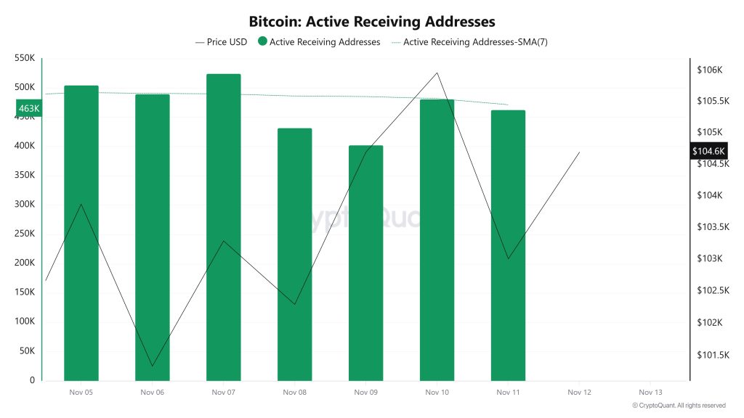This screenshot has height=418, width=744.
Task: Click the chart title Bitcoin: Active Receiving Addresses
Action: tap(371, 22)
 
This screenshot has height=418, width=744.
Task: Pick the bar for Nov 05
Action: tap(81, 232)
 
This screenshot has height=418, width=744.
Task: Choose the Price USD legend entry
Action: tap(221, 42)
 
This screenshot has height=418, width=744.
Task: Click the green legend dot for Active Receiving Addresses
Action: tap(262, 42)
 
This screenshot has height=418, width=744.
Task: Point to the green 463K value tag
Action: tap(28, 109)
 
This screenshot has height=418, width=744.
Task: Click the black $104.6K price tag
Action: tap(708, 151)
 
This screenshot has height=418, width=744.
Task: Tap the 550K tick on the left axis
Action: tap(24, 57)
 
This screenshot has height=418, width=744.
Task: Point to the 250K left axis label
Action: tap(24, 234)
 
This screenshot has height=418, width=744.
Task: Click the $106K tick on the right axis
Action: tap(708, 70)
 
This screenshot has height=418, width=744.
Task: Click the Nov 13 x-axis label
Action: tap(650, 393)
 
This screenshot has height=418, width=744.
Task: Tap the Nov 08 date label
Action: tap(294, 393)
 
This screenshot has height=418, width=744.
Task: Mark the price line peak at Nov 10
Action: tap(437, 73)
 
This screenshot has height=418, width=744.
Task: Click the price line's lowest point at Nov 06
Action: tap(152, 366)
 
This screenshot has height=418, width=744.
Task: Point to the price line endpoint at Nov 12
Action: tap(579, 152)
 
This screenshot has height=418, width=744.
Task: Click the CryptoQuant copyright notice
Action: tap(679, 406)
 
